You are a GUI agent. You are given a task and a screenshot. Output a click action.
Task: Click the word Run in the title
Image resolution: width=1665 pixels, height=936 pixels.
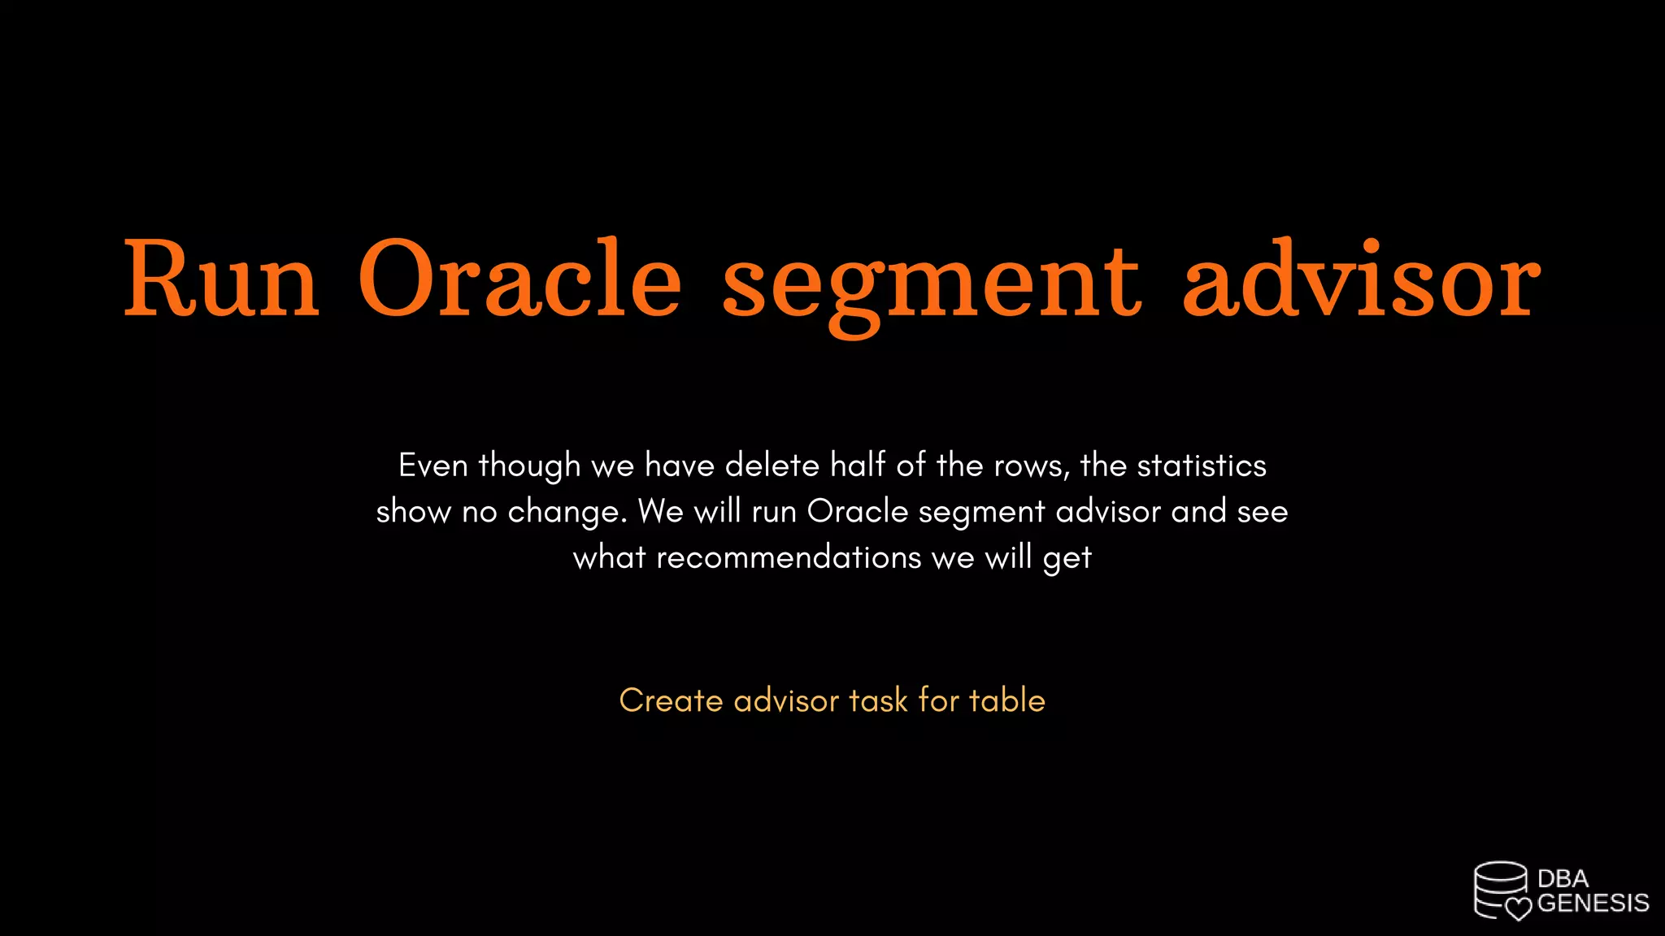point(221,279)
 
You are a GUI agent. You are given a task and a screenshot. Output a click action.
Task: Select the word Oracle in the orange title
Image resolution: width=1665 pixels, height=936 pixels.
point(519,279)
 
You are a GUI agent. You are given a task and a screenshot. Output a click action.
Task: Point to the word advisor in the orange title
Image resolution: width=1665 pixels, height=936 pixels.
point(1361,279)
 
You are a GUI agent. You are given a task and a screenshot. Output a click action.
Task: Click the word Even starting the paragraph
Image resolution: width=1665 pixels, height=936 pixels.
point(433,466)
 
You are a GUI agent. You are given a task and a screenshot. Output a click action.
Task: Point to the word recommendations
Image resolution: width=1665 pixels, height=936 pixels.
point(789,558)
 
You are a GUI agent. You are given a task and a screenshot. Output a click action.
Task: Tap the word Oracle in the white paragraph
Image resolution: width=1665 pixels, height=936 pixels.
point(857,512)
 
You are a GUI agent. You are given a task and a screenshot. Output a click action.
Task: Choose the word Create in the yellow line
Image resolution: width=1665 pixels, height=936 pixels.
point(671,700)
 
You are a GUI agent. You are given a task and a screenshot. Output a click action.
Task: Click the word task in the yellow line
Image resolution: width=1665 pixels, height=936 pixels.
point(878,700)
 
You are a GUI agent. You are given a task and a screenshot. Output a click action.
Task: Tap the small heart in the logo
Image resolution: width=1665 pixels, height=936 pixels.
point(1518,908)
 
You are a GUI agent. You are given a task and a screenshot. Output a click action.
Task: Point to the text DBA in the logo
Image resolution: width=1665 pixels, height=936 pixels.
point(1563,878)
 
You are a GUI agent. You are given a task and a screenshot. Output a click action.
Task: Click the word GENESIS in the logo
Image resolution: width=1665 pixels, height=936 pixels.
point(1593,903)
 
